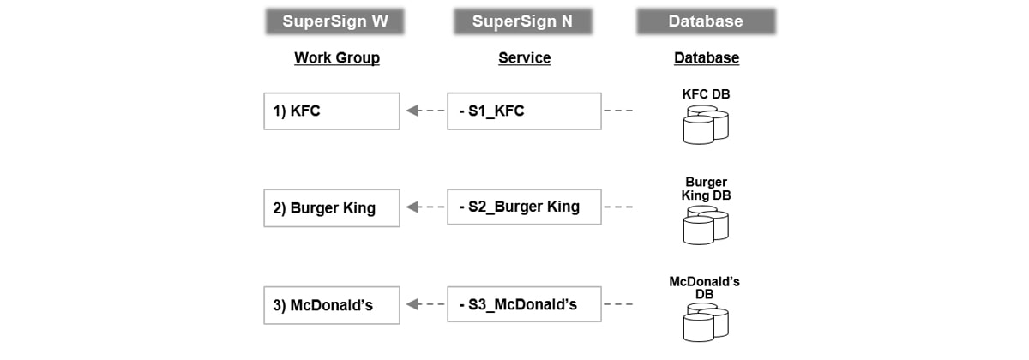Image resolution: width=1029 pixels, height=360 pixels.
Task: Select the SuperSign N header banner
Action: point(522,21)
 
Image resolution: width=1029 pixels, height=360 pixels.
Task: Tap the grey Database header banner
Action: point(706,21)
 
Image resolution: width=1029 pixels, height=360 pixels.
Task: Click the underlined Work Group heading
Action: point(336,58)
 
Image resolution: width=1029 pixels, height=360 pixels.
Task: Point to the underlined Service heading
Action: point(524,58)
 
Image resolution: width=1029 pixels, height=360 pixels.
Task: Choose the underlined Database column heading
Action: point(706,58)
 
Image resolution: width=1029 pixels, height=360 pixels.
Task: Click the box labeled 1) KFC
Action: point(331,111)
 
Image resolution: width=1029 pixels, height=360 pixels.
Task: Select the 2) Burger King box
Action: point(331,207)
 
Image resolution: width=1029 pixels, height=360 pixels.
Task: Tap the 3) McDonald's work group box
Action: point(331,304)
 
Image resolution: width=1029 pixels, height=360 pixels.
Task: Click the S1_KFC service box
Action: point(524,111)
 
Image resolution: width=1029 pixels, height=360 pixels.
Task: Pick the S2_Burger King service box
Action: point(524,207)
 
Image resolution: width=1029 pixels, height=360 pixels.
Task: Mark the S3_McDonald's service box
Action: point(524,304)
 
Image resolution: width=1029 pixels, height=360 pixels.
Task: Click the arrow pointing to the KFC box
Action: point(424,111)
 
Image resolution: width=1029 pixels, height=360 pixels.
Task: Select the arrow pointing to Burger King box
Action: point(424,207)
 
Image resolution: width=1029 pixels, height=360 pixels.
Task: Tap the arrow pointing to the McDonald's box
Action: point(424,304)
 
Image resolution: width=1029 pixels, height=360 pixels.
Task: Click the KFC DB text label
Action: point(706,93)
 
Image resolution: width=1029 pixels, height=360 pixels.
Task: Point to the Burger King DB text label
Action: point(706,189)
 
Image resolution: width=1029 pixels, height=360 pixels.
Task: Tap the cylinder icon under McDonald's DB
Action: point(706,324)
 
